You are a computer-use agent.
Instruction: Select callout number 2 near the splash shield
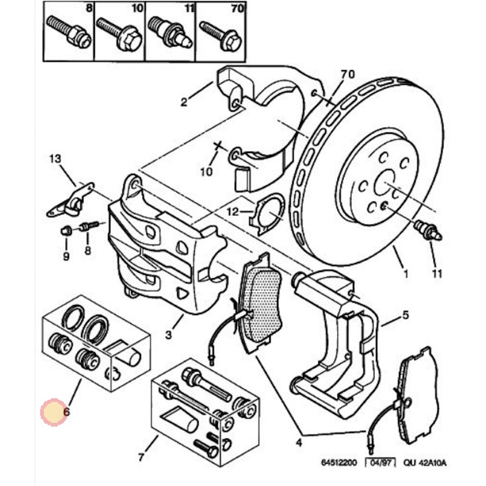tap(184, 102)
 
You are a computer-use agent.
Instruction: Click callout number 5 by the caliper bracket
tap(405, 315)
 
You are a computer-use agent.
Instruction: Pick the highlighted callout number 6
tap(66, 412)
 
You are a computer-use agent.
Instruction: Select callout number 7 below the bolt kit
tap(142, 456)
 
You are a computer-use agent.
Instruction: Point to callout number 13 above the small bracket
tap(55, 159)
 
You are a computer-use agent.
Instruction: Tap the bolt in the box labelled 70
tap(220, 34)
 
